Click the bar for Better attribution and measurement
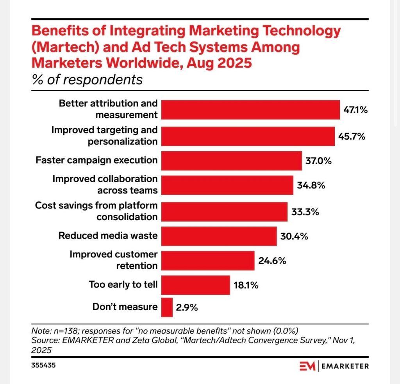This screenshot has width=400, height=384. click(250, 109)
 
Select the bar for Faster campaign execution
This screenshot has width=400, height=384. click(231, 160)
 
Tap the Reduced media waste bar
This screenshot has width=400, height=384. click(219, 236)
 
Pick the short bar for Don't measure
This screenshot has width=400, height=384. click(167, 307)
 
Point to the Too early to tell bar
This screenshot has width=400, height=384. click(195, 285)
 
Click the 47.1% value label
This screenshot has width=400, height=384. click(355, 110)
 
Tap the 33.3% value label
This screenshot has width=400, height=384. click(305, 212)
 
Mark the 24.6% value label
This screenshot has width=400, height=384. click(272, 260)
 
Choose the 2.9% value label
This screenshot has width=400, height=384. click(187, 307)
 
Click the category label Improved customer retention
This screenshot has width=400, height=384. click(114, 260)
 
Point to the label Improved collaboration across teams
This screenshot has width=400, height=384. click(105, 185)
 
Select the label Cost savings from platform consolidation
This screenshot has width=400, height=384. click(96, 211)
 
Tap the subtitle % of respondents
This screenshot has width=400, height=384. click(87, 80)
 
